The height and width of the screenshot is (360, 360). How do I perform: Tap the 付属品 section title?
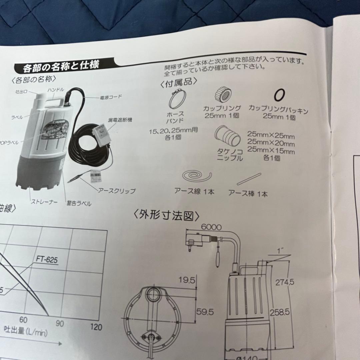(x=179, y=82)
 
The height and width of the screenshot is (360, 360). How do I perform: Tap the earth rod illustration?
(x=248, y=179)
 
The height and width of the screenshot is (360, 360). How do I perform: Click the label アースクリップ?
(x=117, y=191)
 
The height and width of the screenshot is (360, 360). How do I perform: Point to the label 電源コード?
(x=111, y=97)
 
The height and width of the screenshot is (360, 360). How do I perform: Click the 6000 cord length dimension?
(x=211, y=227)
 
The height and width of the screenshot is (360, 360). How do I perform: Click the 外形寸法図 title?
(x=167, y=216)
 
